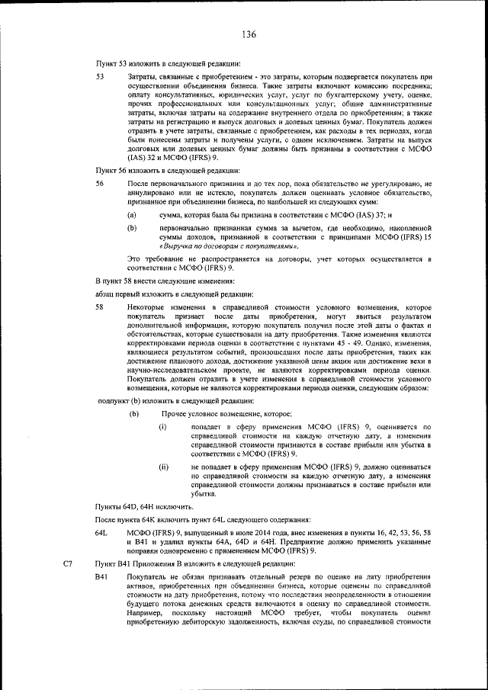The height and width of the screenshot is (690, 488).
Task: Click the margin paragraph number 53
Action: (100, 77)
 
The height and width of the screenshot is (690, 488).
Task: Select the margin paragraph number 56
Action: (100, 185)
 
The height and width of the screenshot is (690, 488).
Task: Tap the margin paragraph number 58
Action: (100, 306)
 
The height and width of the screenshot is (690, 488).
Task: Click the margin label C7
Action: (68, 563)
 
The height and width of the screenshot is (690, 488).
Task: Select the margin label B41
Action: (102, 579)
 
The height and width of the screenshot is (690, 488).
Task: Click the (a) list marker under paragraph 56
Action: (132, 217)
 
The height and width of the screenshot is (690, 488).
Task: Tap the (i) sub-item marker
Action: (162, 427)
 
